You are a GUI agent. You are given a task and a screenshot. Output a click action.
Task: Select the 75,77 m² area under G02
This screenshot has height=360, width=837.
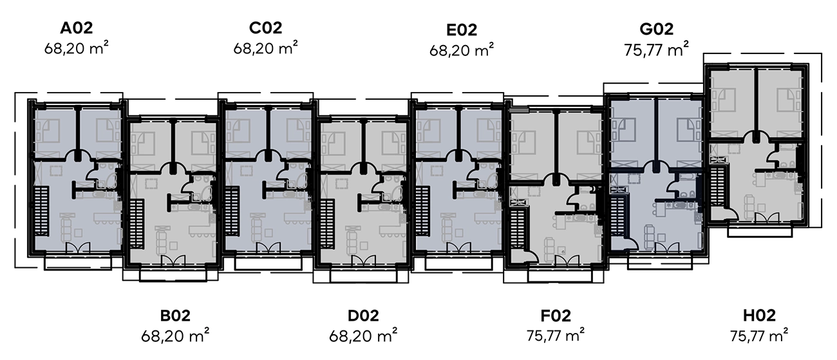(x=657, y=50)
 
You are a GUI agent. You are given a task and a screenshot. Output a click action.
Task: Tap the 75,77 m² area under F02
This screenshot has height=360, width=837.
(x=556, y=335)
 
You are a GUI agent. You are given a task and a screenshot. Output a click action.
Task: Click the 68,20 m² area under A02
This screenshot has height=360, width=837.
(x=75, y=48)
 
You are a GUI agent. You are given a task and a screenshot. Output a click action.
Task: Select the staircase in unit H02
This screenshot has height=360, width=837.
(x=717, y=184)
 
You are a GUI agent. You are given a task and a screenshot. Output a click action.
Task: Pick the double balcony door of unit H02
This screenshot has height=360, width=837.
(x=762, y=218)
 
